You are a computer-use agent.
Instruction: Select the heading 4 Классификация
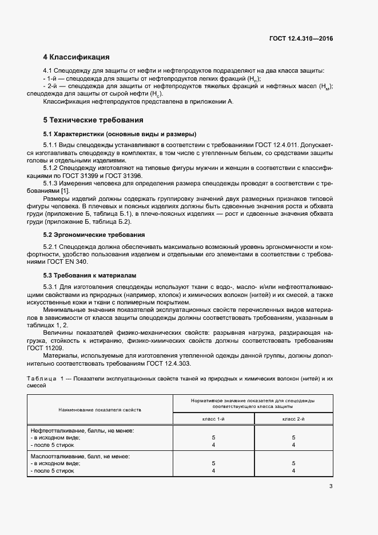click(76, 57)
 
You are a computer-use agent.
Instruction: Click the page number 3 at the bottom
click(331, 487)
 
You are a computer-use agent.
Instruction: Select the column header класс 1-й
click(214, 419)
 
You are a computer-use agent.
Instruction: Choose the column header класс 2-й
click(293, 419)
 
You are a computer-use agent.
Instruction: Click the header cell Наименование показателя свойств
click(100, 410)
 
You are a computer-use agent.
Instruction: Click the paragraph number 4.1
click(48, 70)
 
